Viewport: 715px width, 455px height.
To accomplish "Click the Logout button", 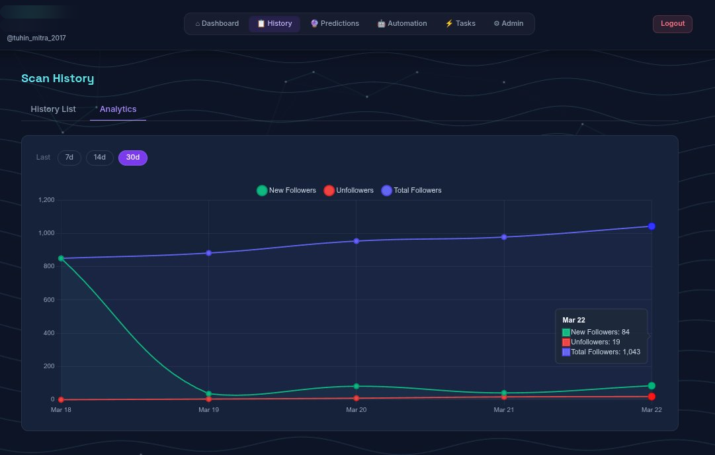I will (672, 24).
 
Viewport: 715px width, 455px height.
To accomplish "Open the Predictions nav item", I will (335, 24).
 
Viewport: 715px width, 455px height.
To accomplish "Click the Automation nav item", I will (401, 24).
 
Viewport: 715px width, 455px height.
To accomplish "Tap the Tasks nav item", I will (460, 24).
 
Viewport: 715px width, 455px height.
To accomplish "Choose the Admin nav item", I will (508, 24).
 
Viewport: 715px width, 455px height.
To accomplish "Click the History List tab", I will (54, 109).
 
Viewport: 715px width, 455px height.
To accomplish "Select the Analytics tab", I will (118, 109).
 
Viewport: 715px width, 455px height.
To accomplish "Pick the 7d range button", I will (69, 158).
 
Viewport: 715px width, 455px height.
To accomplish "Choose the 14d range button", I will (100, 158).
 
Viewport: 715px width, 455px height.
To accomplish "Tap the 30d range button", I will (133, 158).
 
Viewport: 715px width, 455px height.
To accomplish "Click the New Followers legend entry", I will (286, 191).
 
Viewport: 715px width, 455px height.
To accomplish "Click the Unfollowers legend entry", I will (349, 191).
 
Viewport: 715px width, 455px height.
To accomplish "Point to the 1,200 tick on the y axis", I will (46, 200).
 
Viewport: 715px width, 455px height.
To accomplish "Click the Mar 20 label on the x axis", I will (356, 410).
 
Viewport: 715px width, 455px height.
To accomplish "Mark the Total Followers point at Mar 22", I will (652, 227).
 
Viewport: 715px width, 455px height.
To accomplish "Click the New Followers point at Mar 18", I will (61, 258).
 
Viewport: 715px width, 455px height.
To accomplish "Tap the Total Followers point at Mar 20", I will (357, 241).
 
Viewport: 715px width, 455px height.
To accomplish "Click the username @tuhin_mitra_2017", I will (36, 38).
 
